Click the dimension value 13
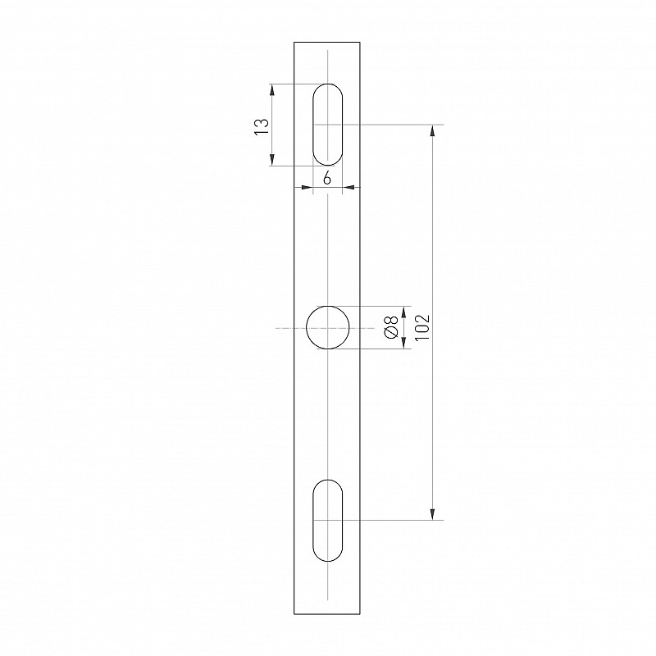(x=261, y=126)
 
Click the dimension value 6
(x=327, y=179)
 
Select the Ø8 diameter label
(x=392, y=327)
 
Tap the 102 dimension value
(x=423, y=327)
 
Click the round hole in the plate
(x=327, y=306)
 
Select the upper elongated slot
(x=313, y=125)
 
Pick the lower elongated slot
(x=313, y=521)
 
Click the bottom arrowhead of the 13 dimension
(x=272, y=160)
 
